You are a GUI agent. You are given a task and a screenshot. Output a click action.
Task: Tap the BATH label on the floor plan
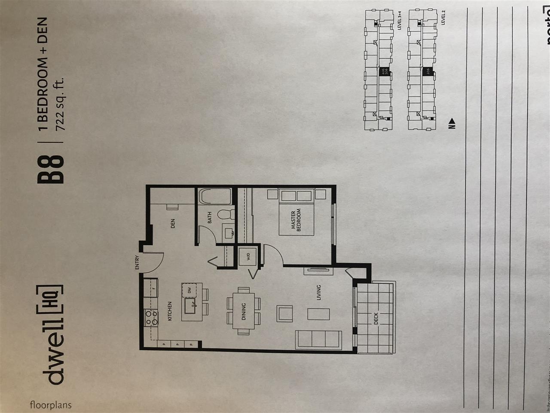tap(210, 219)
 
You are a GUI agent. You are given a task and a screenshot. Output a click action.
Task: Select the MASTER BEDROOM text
tap(296, 221)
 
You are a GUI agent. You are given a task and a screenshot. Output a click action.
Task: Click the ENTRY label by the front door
tap(137, 263)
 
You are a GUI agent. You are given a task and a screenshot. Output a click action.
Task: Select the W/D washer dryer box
tap(248, 258)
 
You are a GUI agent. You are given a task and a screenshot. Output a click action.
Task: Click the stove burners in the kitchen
tap(151, 317)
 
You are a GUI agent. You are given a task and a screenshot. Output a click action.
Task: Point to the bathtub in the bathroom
tap(215, 197)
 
